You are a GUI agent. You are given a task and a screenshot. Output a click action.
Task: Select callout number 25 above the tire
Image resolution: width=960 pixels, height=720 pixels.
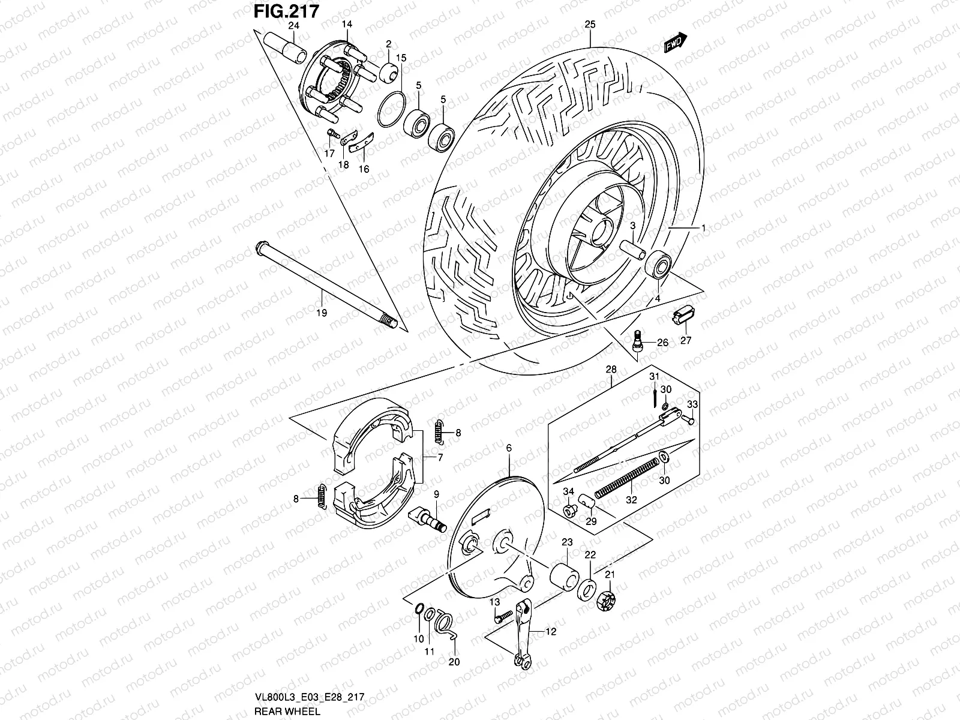(590, 25)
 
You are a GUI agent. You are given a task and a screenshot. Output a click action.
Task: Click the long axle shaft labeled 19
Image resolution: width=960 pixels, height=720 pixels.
(324, 283)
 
